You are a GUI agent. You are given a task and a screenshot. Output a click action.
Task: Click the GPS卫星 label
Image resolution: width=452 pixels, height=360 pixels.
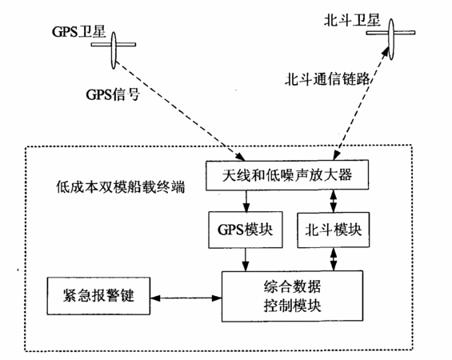78,32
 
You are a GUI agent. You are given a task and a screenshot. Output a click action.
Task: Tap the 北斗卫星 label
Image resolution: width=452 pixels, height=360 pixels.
352,21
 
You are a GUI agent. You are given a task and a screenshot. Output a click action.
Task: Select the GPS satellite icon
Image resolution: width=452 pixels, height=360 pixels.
114,50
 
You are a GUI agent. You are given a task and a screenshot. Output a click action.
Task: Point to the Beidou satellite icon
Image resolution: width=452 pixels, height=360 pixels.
391,39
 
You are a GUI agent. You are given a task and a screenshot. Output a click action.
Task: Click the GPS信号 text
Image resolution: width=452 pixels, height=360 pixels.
113,94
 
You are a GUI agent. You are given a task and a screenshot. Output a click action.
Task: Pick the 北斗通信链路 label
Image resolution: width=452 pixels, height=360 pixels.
327,78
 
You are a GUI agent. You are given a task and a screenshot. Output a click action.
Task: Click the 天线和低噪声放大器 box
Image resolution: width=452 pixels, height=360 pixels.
287,175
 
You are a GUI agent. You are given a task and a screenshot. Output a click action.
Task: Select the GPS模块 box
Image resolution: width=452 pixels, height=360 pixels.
246,230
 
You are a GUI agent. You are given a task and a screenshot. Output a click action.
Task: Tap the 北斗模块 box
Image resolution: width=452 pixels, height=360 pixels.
334,230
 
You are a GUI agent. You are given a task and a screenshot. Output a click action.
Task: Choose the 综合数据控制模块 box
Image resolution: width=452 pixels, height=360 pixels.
292,296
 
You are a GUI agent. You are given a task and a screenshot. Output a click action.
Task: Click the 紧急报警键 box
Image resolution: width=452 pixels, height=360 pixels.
98,296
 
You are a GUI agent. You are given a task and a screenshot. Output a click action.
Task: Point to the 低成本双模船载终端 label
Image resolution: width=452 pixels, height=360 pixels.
120,187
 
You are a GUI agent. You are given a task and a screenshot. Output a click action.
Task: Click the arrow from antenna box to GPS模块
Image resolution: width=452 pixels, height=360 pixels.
246,201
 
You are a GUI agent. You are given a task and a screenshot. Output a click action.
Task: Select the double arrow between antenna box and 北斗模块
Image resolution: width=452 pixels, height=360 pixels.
334,201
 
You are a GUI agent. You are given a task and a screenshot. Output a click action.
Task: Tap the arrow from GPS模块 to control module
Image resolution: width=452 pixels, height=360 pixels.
246,259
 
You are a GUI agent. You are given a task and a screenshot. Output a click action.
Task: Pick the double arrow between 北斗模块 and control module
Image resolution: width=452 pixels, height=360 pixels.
334,259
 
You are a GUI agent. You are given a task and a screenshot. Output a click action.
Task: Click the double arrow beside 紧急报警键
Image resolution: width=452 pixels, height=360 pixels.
186,298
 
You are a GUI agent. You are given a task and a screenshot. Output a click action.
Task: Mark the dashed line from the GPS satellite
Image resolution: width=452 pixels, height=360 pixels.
180,110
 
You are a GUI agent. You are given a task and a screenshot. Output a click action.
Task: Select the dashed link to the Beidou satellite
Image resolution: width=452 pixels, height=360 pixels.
361,103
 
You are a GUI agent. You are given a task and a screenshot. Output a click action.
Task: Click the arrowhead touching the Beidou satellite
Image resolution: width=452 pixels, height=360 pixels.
386,52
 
